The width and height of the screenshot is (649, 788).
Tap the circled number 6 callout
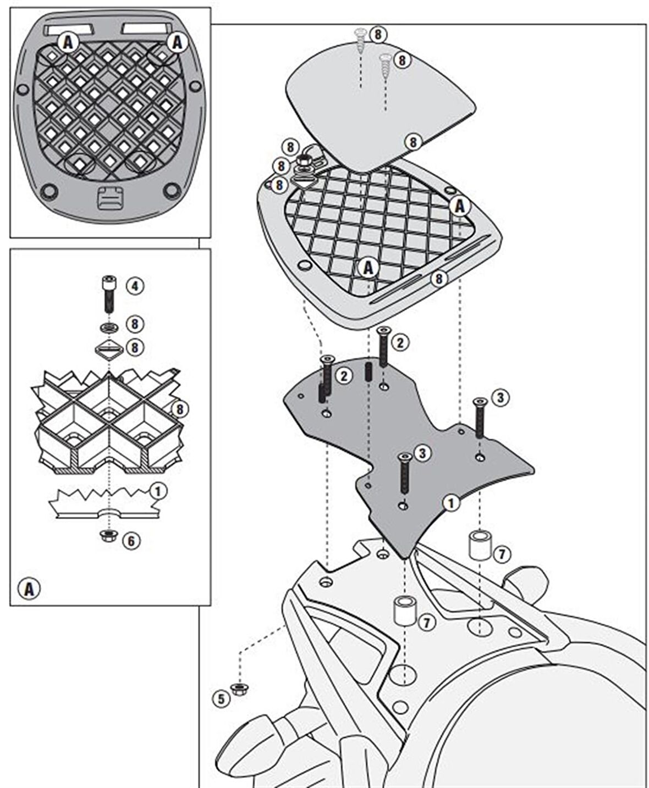[131, 541]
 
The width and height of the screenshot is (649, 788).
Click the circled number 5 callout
[221, 698]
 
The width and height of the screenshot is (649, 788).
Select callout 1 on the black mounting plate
[451, 502]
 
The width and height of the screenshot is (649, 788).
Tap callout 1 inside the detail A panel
[157, 491]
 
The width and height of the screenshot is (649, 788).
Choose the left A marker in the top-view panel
[68, 42]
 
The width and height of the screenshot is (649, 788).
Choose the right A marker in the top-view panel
[177, 42]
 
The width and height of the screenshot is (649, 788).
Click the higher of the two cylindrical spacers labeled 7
[479, 544]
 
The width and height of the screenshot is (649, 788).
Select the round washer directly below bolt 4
[109, 328]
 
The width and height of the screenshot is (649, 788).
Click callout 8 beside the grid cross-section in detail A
[179, 409]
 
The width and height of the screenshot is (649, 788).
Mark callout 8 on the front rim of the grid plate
[438, 279]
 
